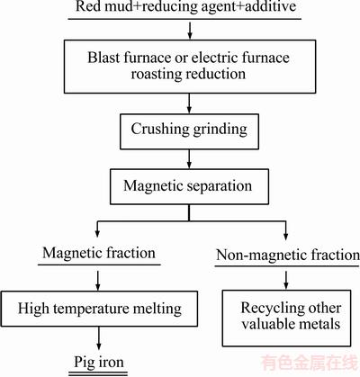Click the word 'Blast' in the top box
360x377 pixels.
tap(103, 58)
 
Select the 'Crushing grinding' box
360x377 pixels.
tap(189, 131)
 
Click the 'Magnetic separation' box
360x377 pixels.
tap(189, 186)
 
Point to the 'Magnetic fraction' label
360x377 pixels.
tap(99, 253)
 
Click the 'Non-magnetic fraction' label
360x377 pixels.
tap(287, 255)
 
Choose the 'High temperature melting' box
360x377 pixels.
tap(99, 309)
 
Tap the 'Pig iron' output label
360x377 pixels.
tap(99, 362)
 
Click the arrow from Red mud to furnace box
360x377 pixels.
tap(190, 30)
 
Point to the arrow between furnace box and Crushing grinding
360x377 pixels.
tap(189, 103)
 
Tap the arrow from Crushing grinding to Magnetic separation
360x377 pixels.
tap(189, 159)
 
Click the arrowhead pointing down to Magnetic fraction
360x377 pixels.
tap(97, 232)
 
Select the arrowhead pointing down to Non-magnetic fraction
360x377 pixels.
tap(285, 236)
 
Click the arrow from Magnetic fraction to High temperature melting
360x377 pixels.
tap(98, 281)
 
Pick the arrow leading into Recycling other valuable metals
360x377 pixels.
tap(286, 280)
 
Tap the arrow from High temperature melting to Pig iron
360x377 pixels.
tap(99, 338)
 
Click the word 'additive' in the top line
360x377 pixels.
tap(271, 6)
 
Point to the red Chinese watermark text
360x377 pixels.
tap(310, 364)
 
